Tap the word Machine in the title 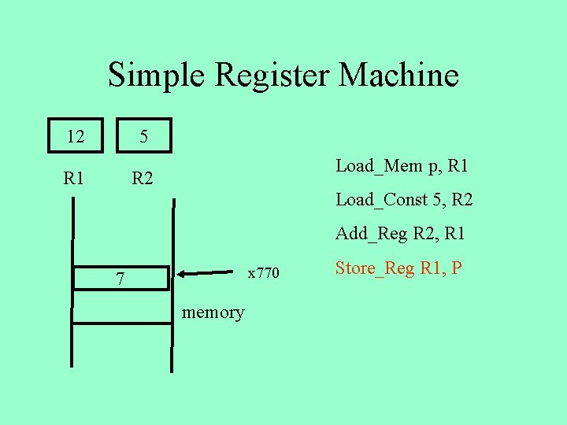coord(398,76)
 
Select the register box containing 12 coord(76,136)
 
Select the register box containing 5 coord(143,136)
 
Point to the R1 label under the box coord(75,178)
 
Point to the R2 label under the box coord(143,178)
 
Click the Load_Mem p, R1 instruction coord(402,166)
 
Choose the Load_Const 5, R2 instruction coord(404,200)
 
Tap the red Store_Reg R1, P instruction coord(398,268)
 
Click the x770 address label coord(263,273)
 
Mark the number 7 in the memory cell coord(120,279)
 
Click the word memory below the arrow coord(213,312)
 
